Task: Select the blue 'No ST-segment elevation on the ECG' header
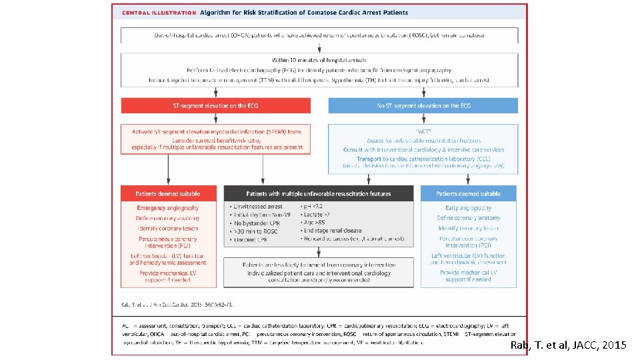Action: click(423, 105)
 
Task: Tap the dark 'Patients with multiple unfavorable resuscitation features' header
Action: click(319, 193)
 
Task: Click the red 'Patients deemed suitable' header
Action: click(168, 193)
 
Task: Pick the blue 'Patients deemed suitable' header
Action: click(468, 193)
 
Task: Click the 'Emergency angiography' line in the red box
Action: click(168, 208)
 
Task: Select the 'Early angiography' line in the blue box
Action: click(468, 208)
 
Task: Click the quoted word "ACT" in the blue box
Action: click(423, 131)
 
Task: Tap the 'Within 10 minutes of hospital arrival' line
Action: click(319, 60)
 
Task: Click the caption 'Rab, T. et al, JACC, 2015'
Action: click(567, 345)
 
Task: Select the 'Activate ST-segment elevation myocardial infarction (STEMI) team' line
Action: click(215, 131)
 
